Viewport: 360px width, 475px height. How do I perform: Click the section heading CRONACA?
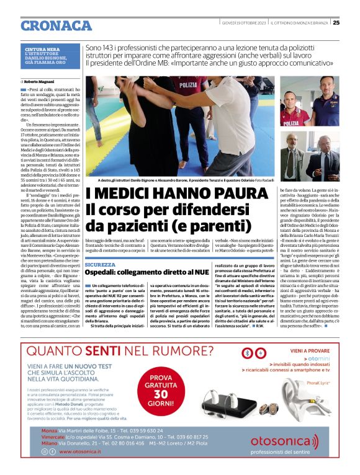tap(56, 25)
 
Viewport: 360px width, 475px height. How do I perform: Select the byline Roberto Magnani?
tap(39, 81)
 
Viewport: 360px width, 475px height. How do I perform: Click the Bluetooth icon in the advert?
tap(247, 353)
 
